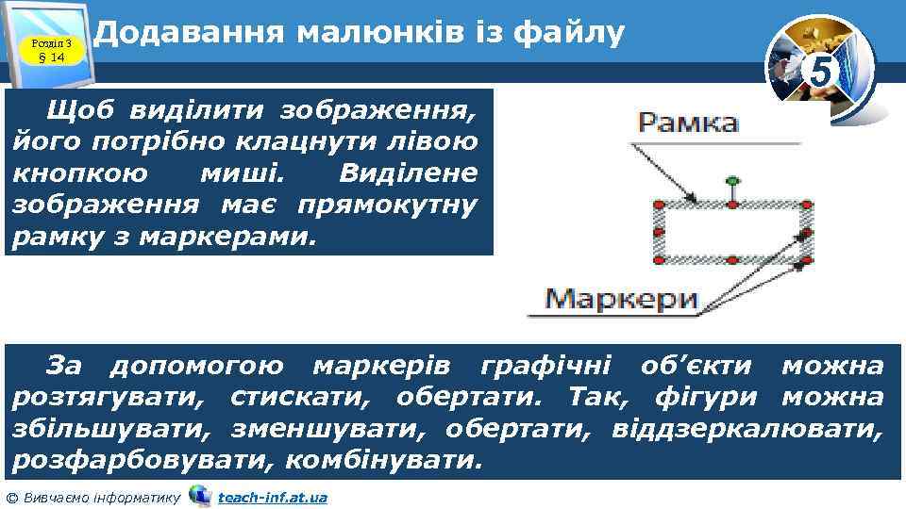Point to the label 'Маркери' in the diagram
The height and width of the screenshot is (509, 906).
coord(624,300)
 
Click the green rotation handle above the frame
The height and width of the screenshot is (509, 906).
coord(731,179)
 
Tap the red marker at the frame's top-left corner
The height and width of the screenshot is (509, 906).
coord(659,204)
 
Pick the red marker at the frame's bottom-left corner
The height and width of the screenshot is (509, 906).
coord(659,258)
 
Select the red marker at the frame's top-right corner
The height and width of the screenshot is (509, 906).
coord(806,204)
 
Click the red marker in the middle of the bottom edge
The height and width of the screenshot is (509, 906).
coord(732,258)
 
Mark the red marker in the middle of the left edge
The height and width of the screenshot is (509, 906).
coord(659,231)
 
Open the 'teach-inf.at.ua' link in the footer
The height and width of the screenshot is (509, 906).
coord(273,497)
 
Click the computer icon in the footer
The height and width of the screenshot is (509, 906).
coord(200,495)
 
